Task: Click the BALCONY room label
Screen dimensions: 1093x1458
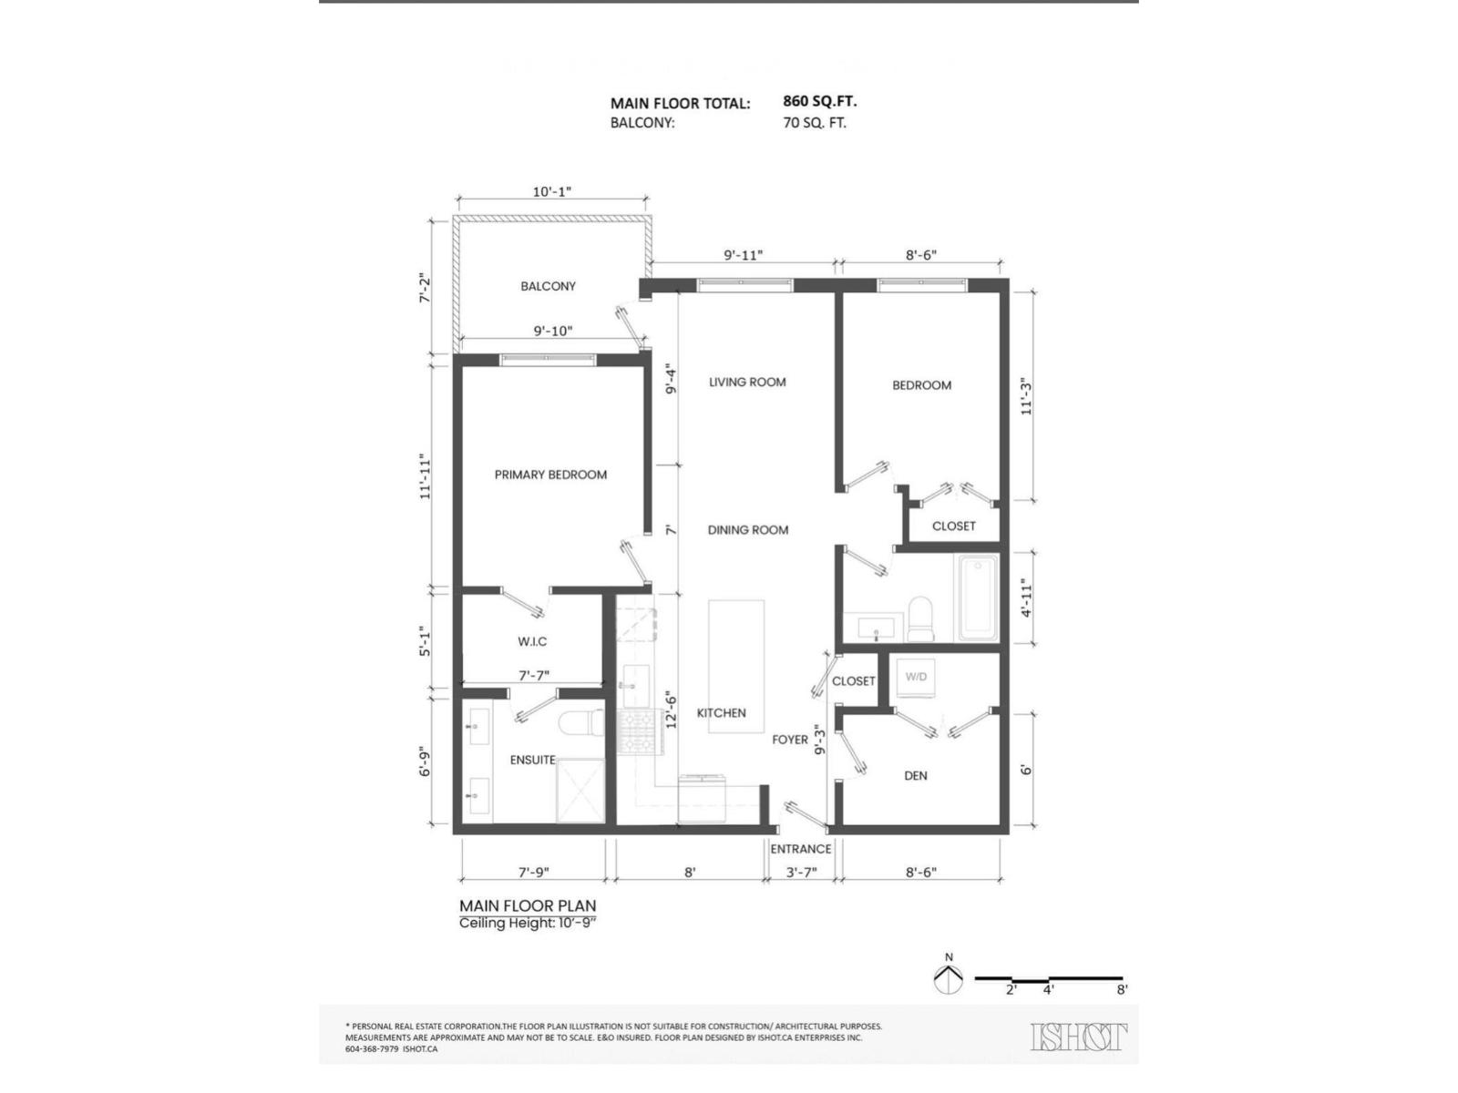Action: coord(548,286)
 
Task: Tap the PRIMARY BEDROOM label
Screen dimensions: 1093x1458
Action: coord(550,475)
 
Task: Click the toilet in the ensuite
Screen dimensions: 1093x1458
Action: coord(581,724)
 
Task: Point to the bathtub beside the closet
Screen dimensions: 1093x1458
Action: coord(977,598)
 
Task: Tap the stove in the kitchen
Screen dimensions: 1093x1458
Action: coord(635,732)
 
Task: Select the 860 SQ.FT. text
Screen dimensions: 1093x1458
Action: coord(819,101)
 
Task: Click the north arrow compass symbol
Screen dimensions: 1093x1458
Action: coord(949,978)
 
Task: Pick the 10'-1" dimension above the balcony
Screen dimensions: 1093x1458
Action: coord(551,192)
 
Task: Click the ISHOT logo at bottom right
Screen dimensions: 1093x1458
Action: coord(1079,1037)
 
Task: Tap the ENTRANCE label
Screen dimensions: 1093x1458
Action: coord(801,849)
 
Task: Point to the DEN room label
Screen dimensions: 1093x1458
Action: coord(916,776)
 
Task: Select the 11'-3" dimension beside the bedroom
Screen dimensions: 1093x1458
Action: coord(1027,397)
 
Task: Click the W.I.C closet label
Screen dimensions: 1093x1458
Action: coord(532,641)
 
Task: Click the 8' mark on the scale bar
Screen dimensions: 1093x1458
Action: coord(1122,989)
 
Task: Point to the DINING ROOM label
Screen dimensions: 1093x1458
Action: coord(748,530)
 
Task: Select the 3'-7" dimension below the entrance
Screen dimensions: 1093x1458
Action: coord(801,872)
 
